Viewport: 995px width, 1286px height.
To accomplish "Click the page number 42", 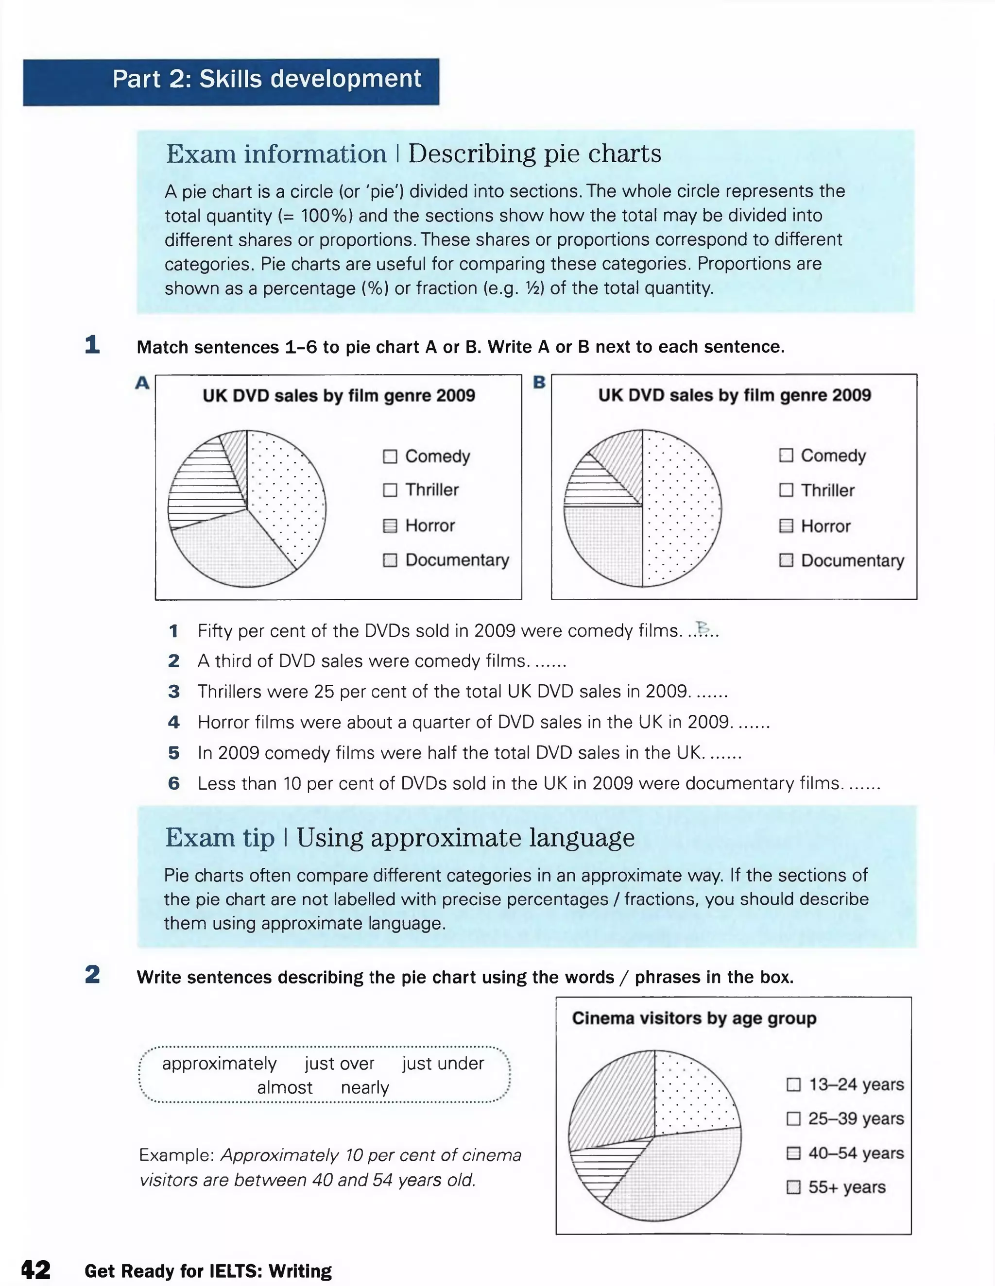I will pos(35,1269).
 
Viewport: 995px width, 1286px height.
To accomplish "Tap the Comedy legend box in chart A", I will pos(390,457).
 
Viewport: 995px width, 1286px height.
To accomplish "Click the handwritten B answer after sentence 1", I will pos(702,627).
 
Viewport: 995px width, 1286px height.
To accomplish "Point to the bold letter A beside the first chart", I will pos(142,383).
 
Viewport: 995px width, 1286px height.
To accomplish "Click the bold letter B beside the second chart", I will pos(538,382).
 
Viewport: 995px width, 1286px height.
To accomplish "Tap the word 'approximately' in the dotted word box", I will pos(219,1064).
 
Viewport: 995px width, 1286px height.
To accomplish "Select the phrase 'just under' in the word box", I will pos(443,1064).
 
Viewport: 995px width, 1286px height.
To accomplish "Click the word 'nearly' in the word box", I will pos(365,1087).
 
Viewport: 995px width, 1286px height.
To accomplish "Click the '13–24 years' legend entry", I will pos(856,1084).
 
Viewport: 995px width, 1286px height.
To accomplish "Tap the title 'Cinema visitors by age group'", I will pos(694,1018).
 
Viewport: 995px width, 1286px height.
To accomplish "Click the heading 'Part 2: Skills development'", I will pos(266,79).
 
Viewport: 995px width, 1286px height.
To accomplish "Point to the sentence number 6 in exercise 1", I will pos(174,783).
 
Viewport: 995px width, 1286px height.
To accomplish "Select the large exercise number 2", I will pos(92,975).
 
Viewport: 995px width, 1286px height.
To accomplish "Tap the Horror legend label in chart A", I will pos(429,525).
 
